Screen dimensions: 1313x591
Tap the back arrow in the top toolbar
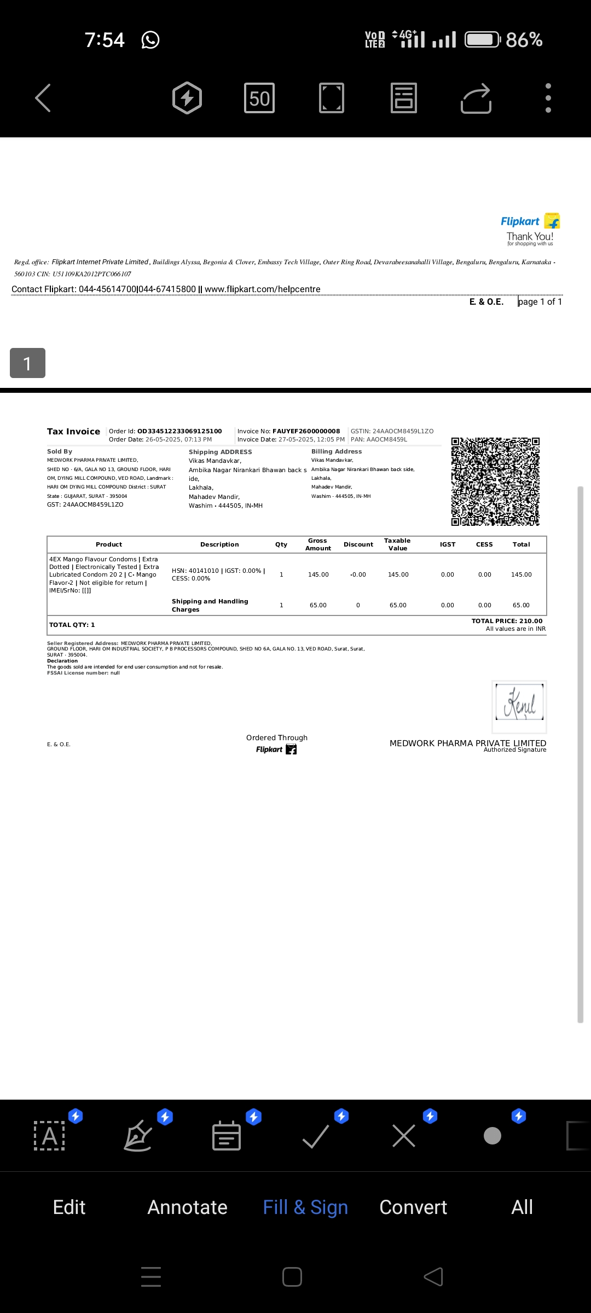tap(43, 98)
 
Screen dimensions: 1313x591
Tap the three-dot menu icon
tap(548, 98)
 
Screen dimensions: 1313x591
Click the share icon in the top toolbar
tap(476, 98)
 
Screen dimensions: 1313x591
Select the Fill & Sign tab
tap(305, 1207)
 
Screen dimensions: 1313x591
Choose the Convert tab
tap(413, 1207)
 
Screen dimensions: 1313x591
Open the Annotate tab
tap(187, 1207)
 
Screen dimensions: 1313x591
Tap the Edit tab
tap(69, 1207)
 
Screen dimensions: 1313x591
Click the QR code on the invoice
tap(495, 481)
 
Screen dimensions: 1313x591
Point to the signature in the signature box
tap(519, 703)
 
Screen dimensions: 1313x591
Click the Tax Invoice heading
tap(73, 432)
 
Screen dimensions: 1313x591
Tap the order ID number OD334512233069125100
tap(179, 431)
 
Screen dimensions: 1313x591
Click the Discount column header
tap(358, 544)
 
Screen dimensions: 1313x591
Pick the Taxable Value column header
tap(397, 544)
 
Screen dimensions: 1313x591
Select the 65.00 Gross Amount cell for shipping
tap(318, 605)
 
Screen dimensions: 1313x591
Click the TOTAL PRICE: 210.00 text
tap(507, 621)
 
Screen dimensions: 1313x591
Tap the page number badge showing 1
tap(27, 363)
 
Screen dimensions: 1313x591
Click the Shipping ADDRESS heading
tap(220, 452)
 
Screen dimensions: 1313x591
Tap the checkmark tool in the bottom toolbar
tap(316, 1136)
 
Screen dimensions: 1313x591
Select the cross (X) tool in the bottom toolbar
tap(404, 1136)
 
